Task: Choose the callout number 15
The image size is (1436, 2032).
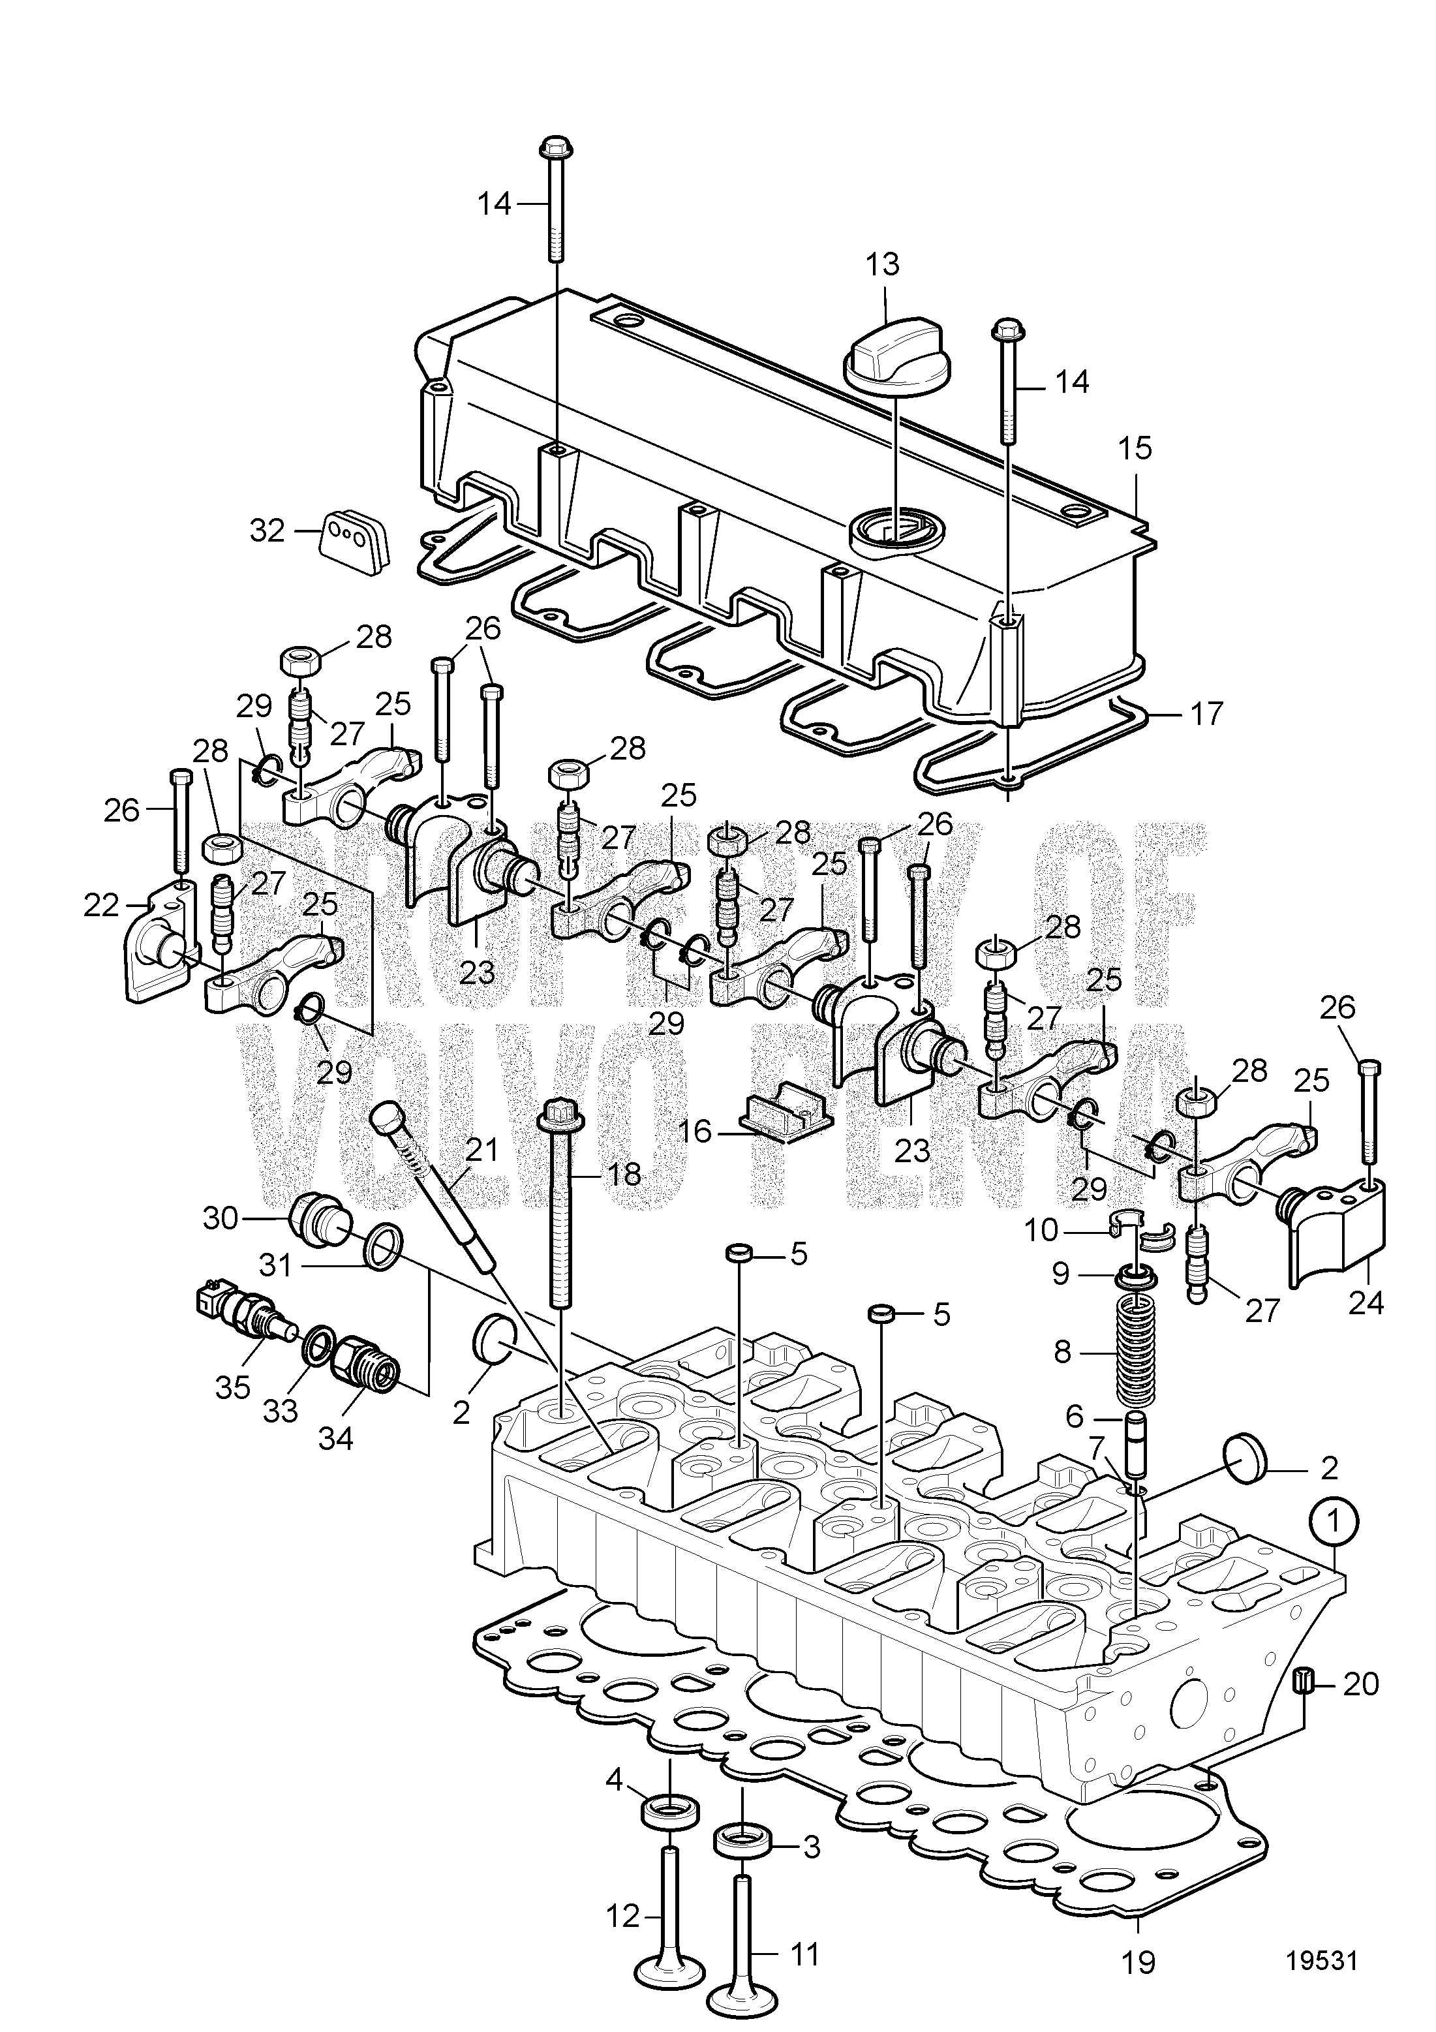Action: [x=1135, y=449]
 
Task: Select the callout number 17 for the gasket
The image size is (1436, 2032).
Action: [x=1206, y=713]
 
